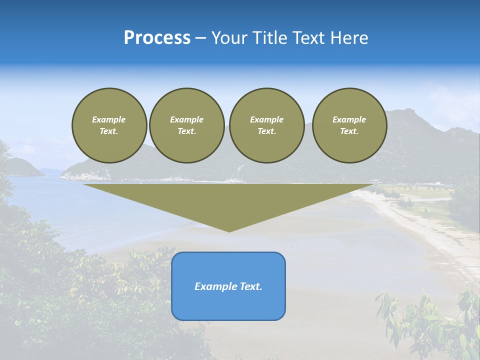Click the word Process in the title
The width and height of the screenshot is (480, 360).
tap(157, 38)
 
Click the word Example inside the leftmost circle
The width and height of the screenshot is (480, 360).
tap(109, 119)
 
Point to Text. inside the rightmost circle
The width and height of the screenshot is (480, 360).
tap(349, 131)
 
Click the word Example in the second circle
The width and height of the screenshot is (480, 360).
tap(186, 119)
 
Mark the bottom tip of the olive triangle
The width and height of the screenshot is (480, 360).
tap(229, 231)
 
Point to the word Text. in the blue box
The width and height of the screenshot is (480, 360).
tap(251, 286)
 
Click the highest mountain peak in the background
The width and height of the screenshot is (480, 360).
tap(409, 110)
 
